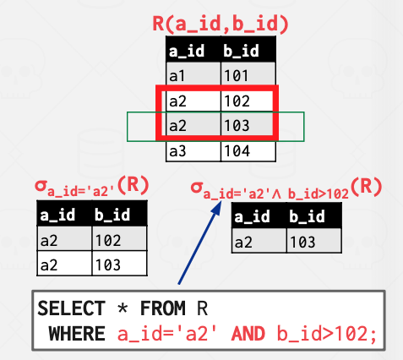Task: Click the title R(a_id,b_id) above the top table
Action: click(221, 24)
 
